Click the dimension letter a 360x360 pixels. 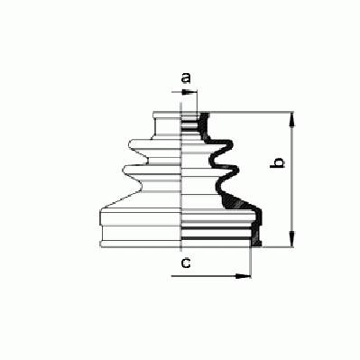186,78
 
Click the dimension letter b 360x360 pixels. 277,162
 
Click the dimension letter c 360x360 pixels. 186,263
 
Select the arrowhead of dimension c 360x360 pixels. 243,276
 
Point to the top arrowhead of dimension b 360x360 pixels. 291,119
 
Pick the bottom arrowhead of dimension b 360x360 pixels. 291,239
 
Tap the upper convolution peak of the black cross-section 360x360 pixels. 228,145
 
